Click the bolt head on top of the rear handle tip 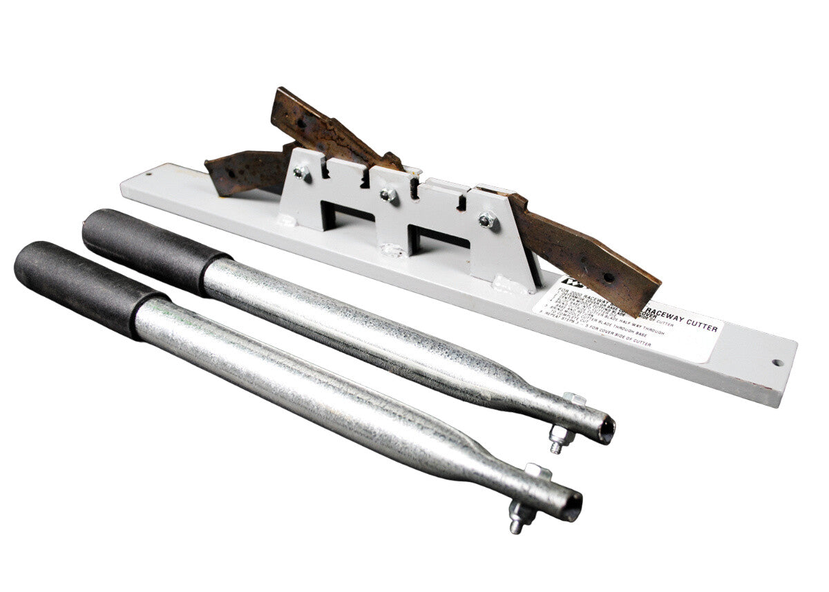tap(573, 399)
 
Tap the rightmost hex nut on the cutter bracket tap(488, 221)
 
